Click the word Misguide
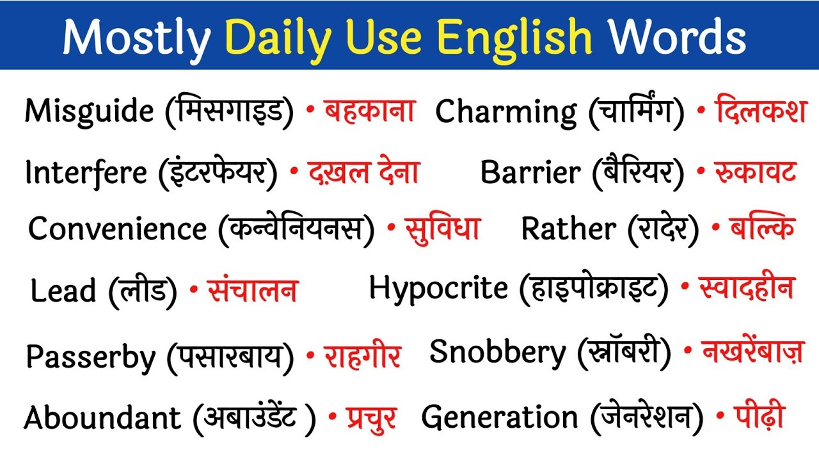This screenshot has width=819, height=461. pos(89,112)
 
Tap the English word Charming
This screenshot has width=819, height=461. pos(505,112)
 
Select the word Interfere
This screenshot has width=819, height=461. pos(86,172)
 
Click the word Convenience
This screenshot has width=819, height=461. pos(118,229)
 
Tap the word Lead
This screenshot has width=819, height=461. pos(63,291)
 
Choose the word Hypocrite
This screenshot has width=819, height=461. pos(438,288)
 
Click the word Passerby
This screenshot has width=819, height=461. pos(90,356)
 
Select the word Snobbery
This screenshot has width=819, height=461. pos(498,352)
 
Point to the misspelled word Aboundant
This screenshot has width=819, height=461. pos(102,418)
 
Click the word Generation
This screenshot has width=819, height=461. pos(499,418)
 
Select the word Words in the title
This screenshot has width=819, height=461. pos(677,36)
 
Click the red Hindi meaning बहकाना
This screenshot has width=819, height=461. pos(370,111)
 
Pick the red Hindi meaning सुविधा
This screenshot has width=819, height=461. pos(443,228)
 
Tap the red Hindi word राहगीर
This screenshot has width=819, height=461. pos(362,356)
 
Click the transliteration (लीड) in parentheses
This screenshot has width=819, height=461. pos(142,291)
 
